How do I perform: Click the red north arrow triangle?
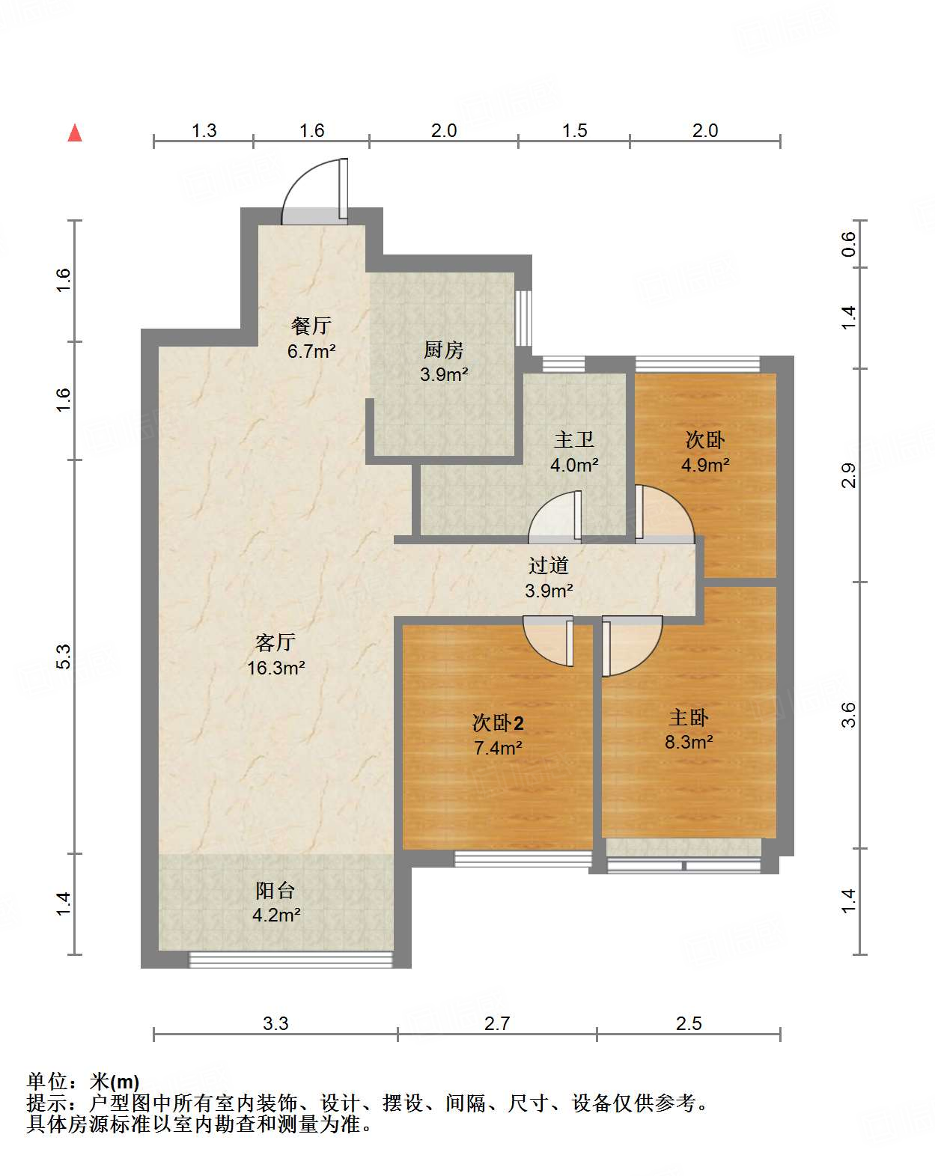pos(75,133)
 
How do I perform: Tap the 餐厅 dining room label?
pos(311,326)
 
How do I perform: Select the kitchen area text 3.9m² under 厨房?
pos(444,374)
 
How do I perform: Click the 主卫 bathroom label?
pos(574,439)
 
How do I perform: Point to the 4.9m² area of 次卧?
pos(705,465)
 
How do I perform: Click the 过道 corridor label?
pos(549,565)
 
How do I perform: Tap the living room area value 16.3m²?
pos(276,668)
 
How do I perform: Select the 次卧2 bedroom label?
pos(498,722)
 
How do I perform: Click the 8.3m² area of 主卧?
pos(689,742)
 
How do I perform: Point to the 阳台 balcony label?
pos(275,890)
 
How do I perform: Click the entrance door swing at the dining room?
pos(313,192)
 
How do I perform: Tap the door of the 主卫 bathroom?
pos(555,517)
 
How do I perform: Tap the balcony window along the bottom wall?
pos(290,960)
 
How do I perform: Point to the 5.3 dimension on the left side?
pos(64,656)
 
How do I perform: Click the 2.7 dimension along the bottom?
pos(497,1023)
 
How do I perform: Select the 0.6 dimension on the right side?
pos(848,244)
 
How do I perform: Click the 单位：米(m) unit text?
pos(83,1082)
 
